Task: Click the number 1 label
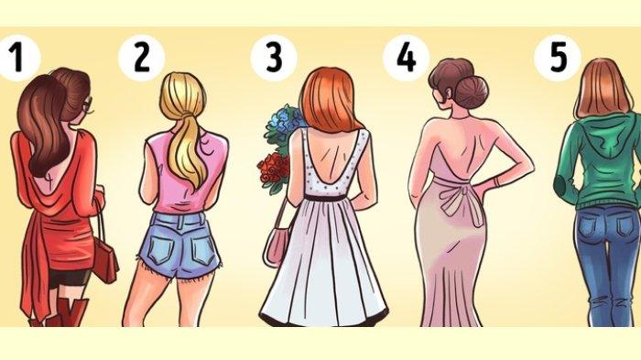[17, 58]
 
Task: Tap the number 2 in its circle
[141, 58]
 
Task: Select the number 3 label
[274, 58]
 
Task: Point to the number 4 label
[406, 58]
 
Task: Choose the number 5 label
[558, 58]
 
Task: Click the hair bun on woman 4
[473, 93]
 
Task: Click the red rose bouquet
[273, 169]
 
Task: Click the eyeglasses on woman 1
[88, 105]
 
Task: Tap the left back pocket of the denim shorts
[162, 246]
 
